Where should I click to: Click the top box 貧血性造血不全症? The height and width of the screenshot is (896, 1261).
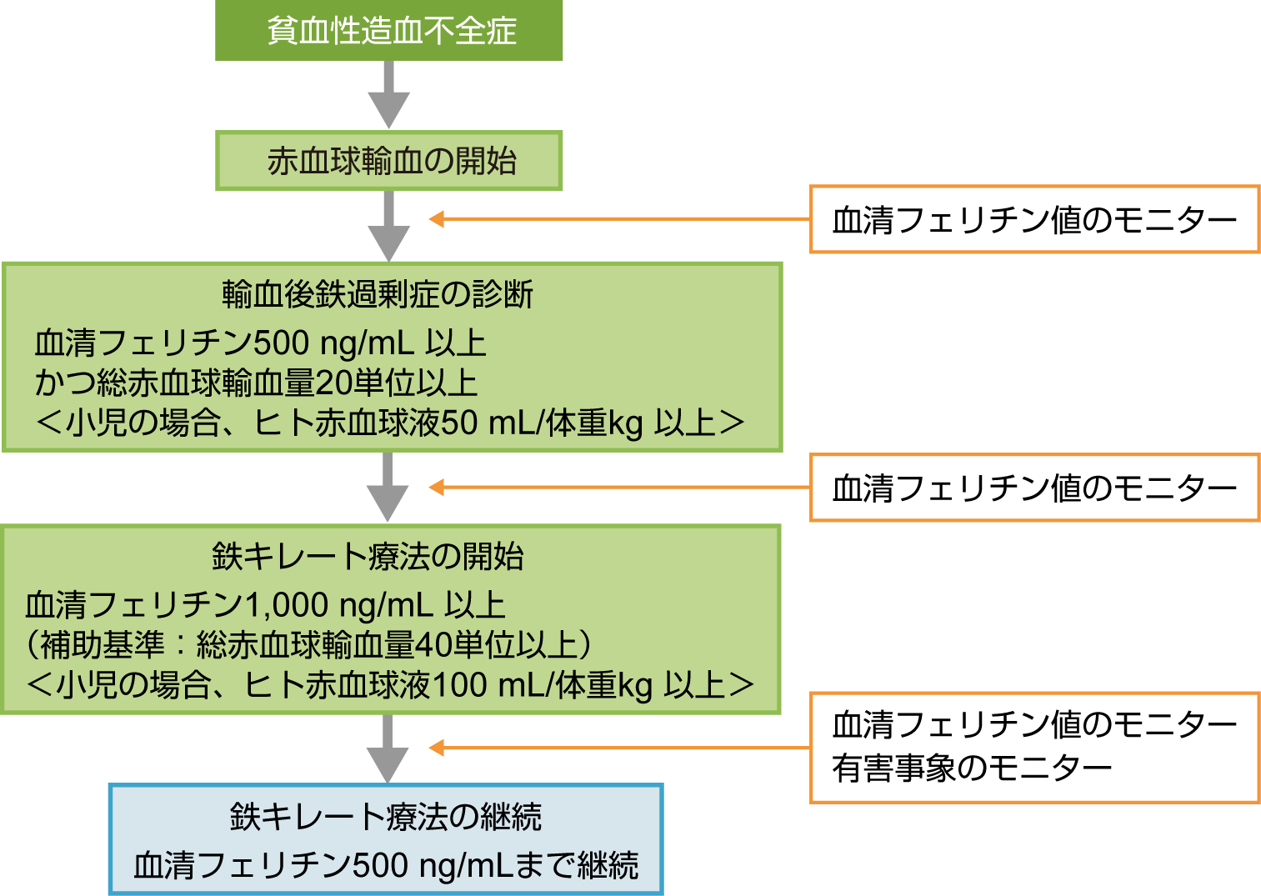pos(388,31)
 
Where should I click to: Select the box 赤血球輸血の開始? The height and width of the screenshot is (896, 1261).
pos(388,161)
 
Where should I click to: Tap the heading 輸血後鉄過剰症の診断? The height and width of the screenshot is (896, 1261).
pos(377,295)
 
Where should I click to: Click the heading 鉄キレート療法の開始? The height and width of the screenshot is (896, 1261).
pos(368,557)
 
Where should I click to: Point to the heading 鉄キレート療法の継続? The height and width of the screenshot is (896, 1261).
pos(385,817)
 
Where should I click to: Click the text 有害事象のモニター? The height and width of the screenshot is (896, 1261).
pos(972,768)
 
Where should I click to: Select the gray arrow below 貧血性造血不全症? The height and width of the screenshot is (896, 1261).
pos(388,94)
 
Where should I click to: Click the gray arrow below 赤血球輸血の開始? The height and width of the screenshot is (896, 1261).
pos(388,225)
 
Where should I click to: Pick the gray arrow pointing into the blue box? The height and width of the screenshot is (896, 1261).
pos(388,748)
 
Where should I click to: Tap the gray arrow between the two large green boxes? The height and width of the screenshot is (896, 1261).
pos(388,487)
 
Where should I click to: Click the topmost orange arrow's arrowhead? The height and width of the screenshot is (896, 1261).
pos(437,219)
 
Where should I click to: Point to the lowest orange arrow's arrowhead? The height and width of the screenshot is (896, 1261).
pos(437,748)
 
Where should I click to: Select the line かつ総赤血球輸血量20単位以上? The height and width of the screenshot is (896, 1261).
pos(256,383)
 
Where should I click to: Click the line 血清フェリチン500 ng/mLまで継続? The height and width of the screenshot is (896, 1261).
pos(385,865)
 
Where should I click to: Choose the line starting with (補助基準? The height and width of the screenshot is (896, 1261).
pos(308,645)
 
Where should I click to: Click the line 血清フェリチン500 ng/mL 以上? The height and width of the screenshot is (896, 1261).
pos(260,343)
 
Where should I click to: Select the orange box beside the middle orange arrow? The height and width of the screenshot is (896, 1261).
pos(1034,488)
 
